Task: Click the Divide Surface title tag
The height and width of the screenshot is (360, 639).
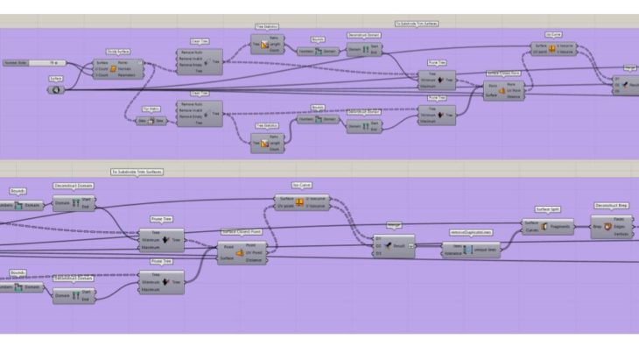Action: (x=117, y=53)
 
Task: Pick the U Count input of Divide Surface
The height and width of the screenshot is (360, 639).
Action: (x=102, y=68)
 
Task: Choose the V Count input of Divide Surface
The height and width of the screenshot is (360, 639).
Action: (x=102, y=74)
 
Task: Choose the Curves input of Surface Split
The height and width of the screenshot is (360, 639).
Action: (x=530, y=230)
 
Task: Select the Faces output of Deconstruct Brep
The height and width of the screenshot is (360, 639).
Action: (x=619, y=220)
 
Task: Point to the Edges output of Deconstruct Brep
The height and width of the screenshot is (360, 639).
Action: (x=619, y=227)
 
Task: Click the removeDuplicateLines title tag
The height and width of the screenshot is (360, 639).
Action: (x=471, y=232)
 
